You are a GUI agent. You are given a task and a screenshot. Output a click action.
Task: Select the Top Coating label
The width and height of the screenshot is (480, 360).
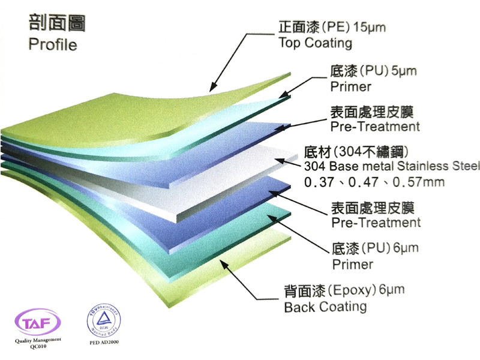(x=315, y=43)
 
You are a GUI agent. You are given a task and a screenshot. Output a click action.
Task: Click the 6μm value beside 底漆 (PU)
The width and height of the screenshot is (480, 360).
(x=405, y=247)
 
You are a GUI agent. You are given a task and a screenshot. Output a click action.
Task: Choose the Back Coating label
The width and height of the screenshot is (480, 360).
(x=325, y=307)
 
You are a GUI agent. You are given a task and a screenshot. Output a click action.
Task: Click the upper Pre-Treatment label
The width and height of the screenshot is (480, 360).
(x=375, y=127)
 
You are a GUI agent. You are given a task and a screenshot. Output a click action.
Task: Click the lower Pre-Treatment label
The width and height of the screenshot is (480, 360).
(x=376, y=223)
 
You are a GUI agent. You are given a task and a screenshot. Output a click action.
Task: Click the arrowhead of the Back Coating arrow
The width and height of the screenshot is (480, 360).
(x=220, y=259)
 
